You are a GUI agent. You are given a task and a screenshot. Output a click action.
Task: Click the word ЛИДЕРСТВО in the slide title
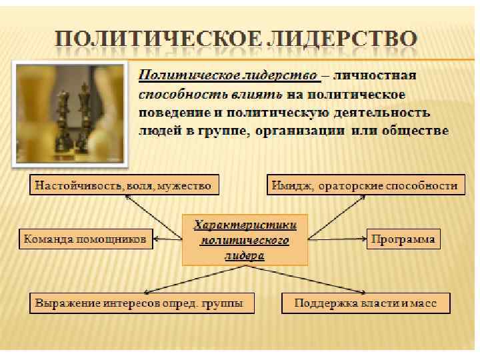(349, 37)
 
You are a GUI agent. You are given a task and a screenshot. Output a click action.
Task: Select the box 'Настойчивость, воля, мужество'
(124, 185)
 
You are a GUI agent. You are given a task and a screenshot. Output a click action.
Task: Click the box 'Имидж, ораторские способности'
(365, 185)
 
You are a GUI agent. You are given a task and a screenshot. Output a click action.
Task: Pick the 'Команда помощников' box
(85, 239)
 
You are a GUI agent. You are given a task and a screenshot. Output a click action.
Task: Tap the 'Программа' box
(403, 239)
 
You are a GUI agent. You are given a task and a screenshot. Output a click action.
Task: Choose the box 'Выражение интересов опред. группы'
(135, 304)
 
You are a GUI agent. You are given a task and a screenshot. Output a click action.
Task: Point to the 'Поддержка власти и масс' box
(366, 304)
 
